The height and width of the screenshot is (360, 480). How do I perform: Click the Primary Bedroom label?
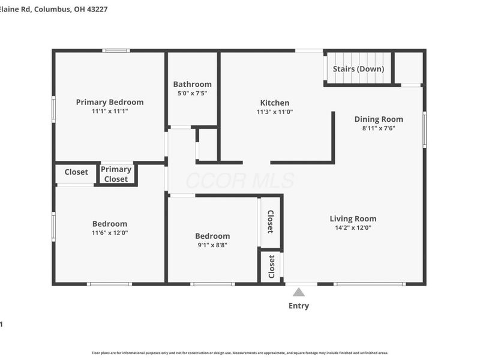pyautogui.click(x=110, y=102)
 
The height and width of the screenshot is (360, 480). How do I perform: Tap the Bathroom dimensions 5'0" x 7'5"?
pyautogui.click(x=192, y=94)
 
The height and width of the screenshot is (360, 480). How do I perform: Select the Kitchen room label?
pyautogui.click(x=274, y=103)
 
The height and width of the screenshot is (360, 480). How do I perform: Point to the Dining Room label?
pyautogui.click(x=379, y=119)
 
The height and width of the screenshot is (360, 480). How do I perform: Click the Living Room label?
pyautogui.click(x=353, y=218)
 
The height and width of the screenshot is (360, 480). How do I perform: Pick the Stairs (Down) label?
pyautogui.click(x=358, y=69)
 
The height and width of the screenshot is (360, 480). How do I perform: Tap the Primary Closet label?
pyautogui.click(x=116, y=174)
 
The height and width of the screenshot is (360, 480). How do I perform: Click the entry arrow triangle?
pyautogui.click(x=298, y=292)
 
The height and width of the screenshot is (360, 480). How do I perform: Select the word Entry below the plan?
pyautogui.click(x=298, y=306)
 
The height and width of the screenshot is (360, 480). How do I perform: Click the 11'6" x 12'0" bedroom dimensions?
pyautogui.click(x=110, y=233)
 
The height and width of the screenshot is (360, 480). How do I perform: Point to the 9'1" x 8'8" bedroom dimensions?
pyautogui.click(x=212, y=245)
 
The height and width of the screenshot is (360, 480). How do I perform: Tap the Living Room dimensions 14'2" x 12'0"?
pyautogui.click(x=353, y=228)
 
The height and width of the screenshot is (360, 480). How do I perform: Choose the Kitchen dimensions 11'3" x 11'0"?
pyautogui.click(x=274, y=112)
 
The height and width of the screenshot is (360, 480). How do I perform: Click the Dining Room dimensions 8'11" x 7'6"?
pyautogui.click(x=379, y=128)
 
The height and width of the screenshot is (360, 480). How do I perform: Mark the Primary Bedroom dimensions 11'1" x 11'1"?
pyautogui.click(x=110, y=111)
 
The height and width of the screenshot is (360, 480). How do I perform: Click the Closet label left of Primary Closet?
pyautogui.click(x=76, y=172)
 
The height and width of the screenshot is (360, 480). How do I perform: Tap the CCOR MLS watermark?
pyautogui.click(x=240, y=181)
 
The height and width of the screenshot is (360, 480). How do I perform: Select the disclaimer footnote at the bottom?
pyautogui.click(x=240, y=353)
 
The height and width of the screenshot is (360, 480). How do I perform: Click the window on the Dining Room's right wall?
pyautogui.click(x=424, y=129)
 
